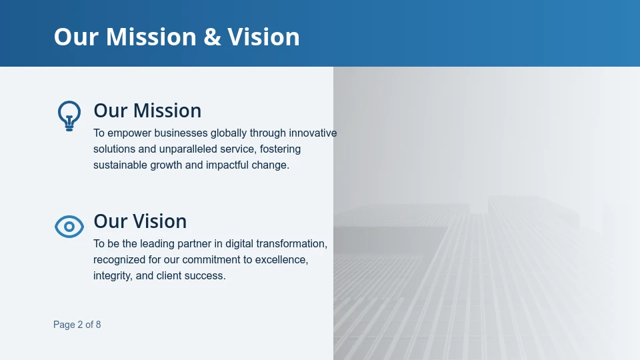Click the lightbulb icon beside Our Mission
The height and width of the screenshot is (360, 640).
(x=69, y=115)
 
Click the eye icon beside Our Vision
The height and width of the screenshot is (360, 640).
(x=69, y=227)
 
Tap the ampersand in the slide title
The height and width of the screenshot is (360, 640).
(x=212, y=37)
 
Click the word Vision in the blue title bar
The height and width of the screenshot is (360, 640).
(x=264, y=37)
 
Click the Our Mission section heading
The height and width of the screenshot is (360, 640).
(x=147, y=111)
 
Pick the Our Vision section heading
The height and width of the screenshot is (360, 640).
(x=140, y=221)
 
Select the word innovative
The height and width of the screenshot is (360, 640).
(x=313, y=133)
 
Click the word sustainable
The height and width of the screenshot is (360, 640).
(x=118, y=165)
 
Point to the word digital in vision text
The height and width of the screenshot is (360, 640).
(x=247, y=244)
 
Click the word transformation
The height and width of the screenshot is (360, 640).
(x=297, y=244)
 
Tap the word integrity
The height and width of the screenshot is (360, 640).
(x=113, y=276)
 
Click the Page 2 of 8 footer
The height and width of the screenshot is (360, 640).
(x=77, y=325)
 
